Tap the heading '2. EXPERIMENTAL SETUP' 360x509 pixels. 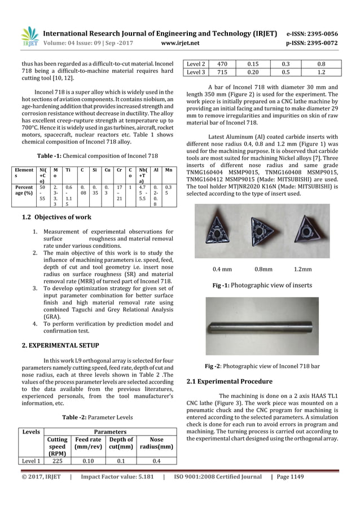pyautogui.click(x=60, y=344)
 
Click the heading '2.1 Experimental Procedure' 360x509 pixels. pyautogui.click(x=230, y=381)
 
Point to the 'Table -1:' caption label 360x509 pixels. pyautogui.click(x=52, y=155)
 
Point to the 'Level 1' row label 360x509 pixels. pyautogui.click(x=29, y=460)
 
